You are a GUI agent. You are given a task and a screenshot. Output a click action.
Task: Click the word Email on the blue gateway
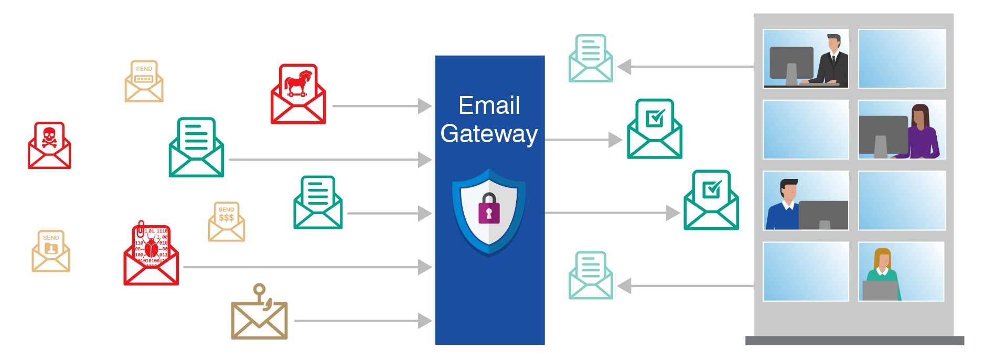(489, 105)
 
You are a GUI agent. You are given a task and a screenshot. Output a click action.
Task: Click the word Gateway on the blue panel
(489, 134)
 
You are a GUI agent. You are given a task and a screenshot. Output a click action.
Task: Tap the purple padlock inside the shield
(489, 209)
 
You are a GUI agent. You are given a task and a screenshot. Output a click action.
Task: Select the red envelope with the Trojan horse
(298, 94)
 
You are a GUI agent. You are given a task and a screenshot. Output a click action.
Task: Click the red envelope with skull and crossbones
(49, 145)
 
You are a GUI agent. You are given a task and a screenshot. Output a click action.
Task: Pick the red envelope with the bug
(151, 255)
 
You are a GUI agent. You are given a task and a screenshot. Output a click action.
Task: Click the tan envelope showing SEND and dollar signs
(227, 222)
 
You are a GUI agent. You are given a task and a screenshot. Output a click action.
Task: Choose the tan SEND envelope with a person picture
(51, 251)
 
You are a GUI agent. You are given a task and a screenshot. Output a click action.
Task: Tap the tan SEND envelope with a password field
(144, 81)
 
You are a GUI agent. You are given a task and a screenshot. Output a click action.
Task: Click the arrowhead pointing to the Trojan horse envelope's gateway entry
(425, 106)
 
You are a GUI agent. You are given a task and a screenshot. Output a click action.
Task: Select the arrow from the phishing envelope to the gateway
(362, 321)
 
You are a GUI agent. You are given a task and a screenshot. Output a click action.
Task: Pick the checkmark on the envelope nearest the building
(712, 188)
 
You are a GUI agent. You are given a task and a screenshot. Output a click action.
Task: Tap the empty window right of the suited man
(902, 59)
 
